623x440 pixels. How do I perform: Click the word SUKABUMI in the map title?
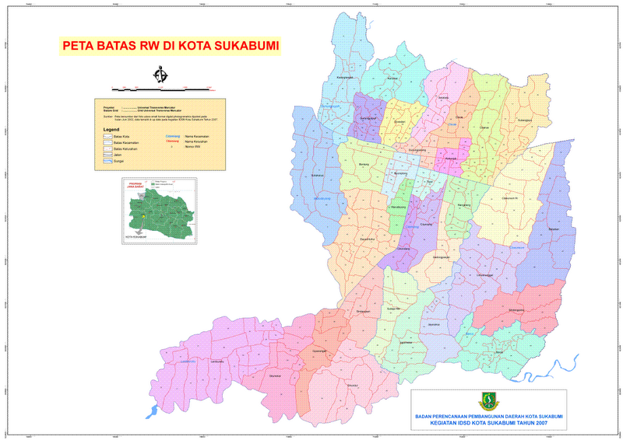click(242, 45)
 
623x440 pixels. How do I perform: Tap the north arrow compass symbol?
click(162, 75)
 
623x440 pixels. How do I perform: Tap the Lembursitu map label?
click(218, 361)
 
